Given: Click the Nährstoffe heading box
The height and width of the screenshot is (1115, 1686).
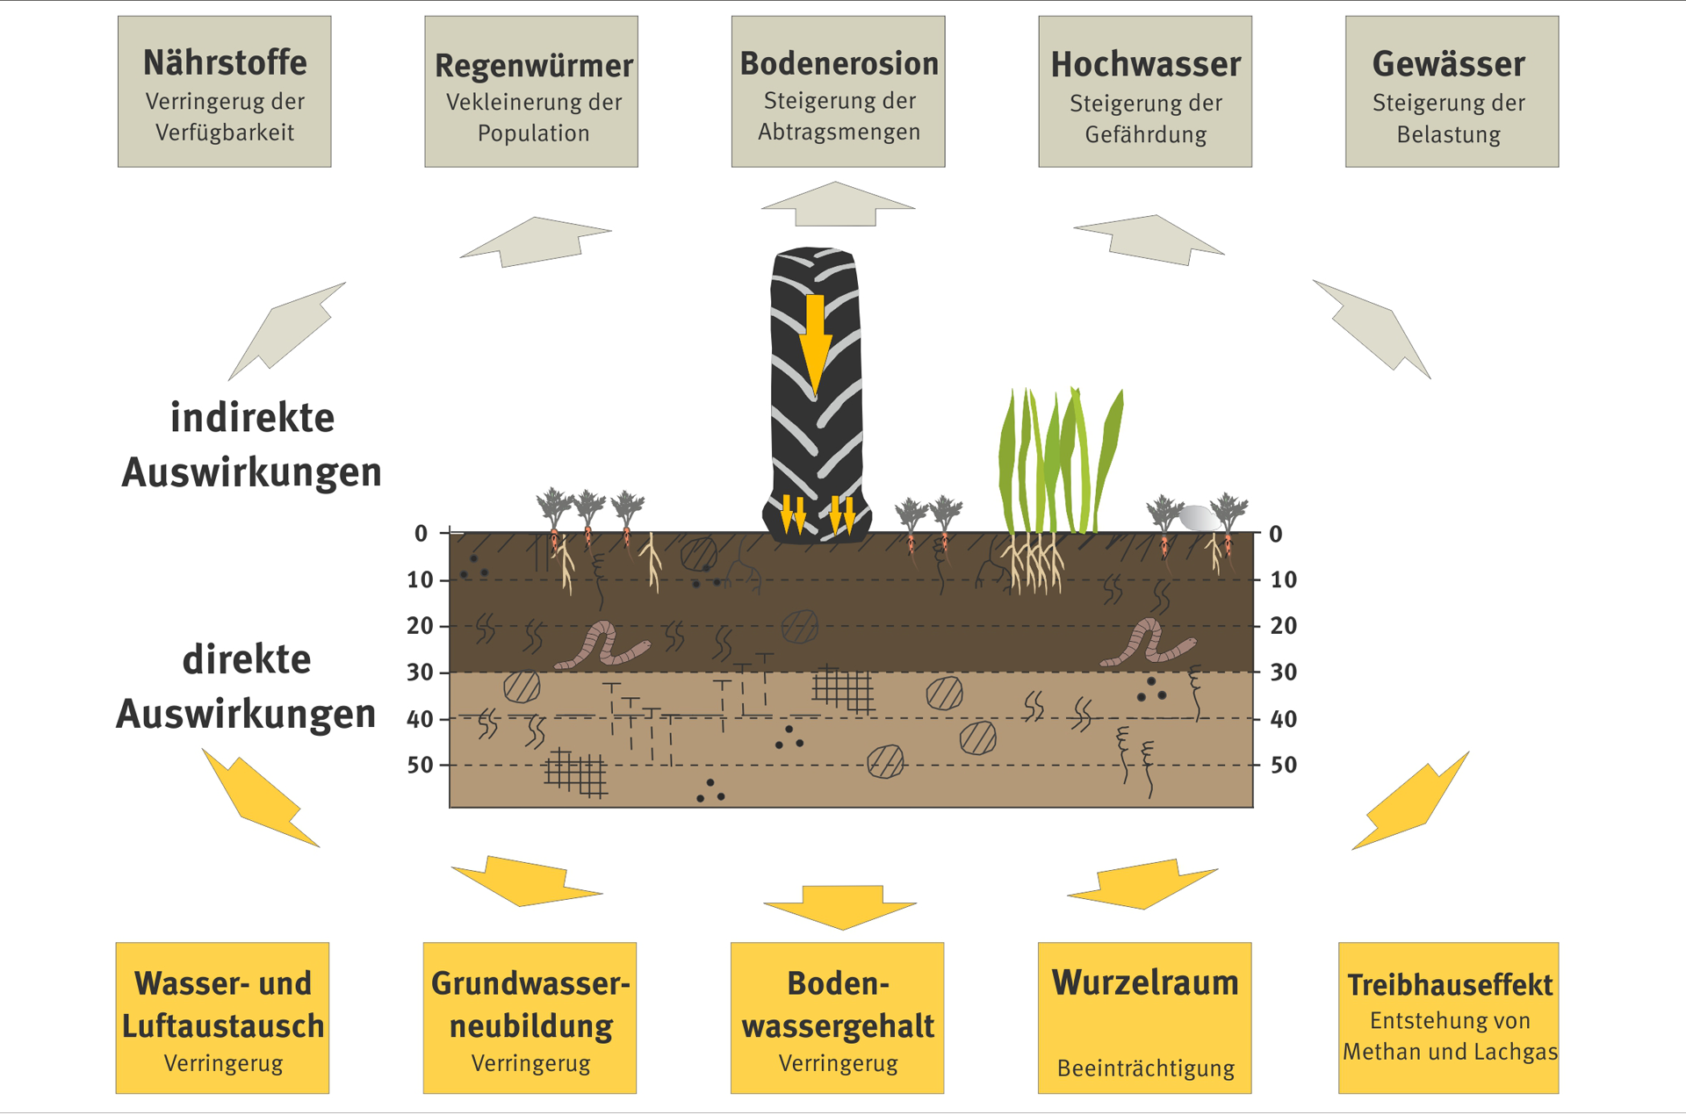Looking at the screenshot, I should (x=225, y=91).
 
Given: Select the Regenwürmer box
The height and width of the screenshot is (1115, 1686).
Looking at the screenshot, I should (x=531, y=91).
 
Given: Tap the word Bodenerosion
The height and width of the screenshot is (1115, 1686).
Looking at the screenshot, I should (x=839, y=64).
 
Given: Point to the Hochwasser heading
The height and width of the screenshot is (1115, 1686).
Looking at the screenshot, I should (x=1145, y=65).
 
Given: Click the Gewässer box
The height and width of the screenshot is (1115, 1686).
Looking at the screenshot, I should (x=1452, y=91).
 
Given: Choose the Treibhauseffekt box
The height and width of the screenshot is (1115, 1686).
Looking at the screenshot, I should (x=1449, y=1018).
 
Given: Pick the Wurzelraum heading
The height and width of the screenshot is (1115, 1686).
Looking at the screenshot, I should (x=1145, y=983).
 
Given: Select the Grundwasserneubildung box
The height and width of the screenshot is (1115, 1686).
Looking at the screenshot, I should (x=530, y=1018).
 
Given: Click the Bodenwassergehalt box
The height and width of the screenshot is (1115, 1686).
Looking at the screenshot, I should (x=838, y=1018).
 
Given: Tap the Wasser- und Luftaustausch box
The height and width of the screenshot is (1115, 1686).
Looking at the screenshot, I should (x=223, y=1018).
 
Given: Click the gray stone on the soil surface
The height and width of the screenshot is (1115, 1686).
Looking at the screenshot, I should (x=1198, y=518).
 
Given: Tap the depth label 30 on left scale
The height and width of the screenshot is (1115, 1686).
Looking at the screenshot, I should (x=420, y=673).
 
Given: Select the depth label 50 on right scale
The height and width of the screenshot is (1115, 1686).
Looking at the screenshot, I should (x=1284, y=765).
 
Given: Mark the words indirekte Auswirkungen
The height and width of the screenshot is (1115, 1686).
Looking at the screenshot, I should (x=252, y=445).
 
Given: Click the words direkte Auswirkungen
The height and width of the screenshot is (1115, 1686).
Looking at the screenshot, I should (x=247, y=687).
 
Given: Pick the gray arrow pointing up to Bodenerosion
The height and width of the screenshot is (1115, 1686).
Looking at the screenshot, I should (x=838, y=204).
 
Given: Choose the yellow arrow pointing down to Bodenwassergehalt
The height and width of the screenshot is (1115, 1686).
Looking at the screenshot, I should (x=840, y=907).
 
